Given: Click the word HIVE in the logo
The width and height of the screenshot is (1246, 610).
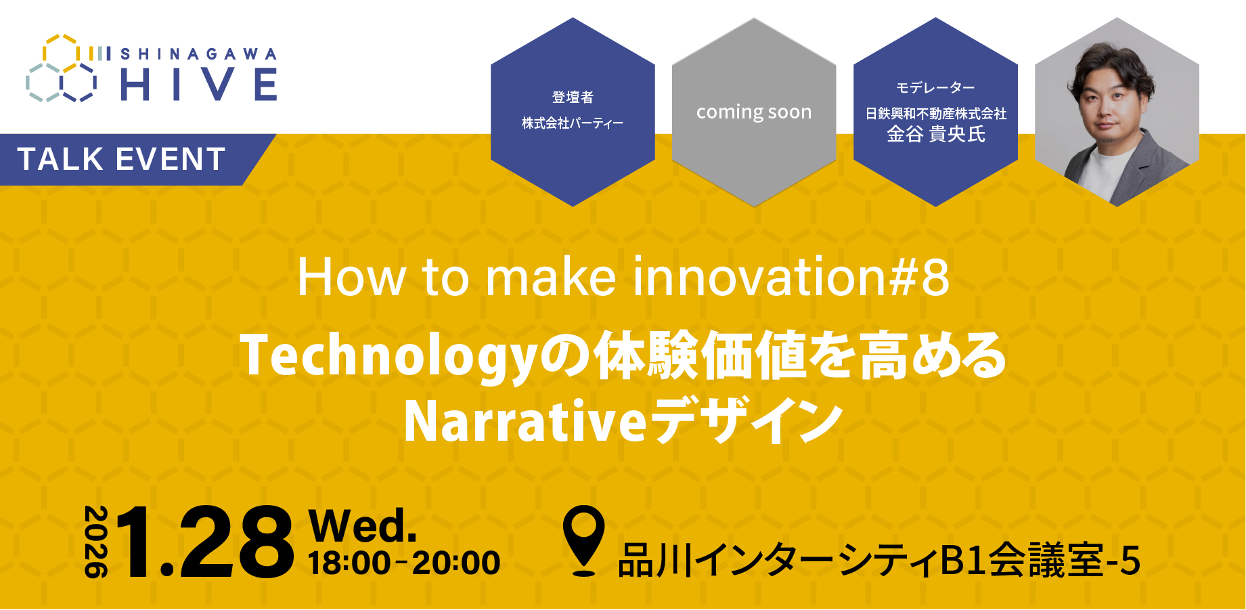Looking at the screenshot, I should pyautogui.click(x=198, y=85).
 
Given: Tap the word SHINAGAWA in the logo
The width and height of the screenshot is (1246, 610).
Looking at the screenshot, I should pyautogui.click(x=198, y=54).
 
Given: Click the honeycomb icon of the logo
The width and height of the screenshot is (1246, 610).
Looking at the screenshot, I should pyautogui.click(x=62, y=68).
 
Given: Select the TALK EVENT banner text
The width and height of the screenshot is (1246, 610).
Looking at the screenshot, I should pyautogui.click(x=122, y=160).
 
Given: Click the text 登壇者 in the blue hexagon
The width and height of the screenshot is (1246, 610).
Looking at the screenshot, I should pyautogui.click(x=573, y=97).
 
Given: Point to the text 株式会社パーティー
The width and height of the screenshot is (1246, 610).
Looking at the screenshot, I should pyautogui.click(x=573, y=123).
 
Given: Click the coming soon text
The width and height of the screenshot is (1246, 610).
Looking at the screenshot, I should pyautogui.click(x=753, y=112).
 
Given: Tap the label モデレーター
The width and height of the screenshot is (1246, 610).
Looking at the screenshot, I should pyautogui.click(x=935, y=88).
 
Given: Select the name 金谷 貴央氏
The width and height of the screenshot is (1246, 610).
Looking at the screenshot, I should pyautogui.click(x=935, y=134).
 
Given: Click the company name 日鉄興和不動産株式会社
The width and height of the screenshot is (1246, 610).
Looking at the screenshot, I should pyautogui.click(x=935, y=114).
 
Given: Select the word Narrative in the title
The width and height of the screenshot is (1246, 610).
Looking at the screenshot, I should pyautogui.click(x=525, y=421).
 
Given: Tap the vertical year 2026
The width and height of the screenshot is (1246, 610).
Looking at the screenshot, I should pyautogui.click(x=95, y=542).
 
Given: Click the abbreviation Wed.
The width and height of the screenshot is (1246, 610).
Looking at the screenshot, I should pyautogui.click(x=363, y=525).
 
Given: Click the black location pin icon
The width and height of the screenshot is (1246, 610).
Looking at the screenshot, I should pyautogui.click(x=583, y=540).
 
